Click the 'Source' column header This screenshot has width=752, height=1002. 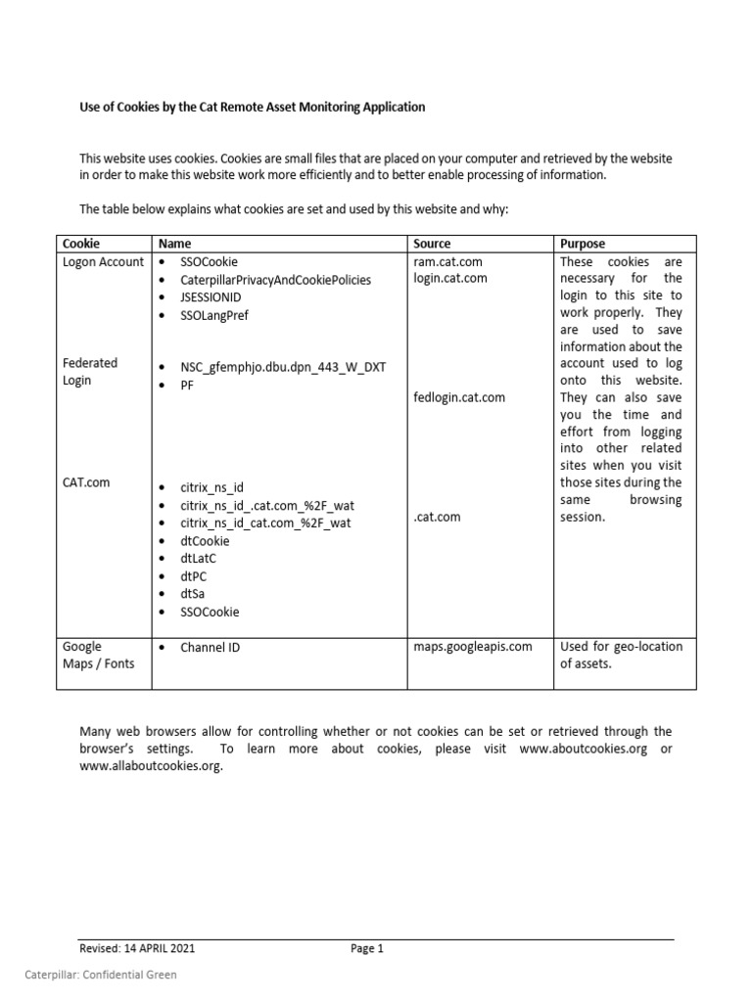(x=432, y=244)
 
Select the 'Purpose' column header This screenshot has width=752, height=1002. (x=582, y=244)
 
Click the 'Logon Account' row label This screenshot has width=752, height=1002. (x=103, y=262)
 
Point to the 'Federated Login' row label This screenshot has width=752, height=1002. (x=90, y=372)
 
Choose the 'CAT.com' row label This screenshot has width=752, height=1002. (x=86, y=482)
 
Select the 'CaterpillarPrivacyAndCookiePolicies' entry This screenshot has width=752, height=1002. (x=275, y=280)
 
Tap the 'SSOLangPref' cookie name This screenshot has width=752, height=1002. (x=219, y=315)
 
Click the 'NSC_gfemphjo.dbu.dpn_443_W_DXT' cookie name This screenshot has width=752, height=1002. (x=283, y=368)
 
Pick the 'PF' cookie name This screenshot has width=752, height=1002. (x=188, y=387)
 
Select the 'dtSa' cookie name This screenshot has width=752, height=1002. (x=193, y=594)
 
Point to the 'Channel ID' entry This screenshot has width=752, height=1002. (x=211, y=648)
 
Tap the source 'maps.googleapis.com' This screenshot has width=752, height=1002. (x=473, y=647)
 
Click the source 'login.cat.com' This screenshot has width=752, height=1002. (x=450, y=279)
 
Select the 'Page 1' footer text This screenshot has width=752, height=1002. (x=367, y=948)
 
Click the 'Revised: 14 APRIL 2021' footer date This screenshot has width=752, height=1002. (x=143, y=948)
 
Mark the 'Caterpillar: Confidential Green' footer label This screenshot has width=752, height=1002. (x=100, y=975)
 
